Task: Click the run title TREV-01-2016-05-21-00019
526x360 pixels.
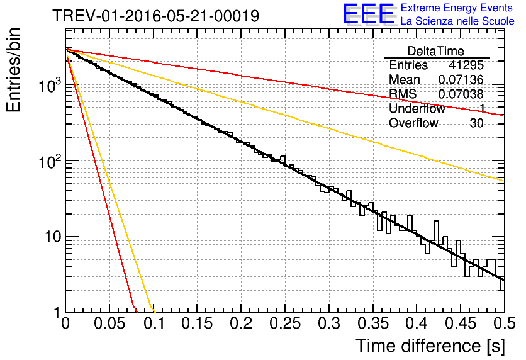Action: coord(155,16)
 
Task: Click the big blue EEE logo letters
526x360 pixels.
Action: coord(368,14)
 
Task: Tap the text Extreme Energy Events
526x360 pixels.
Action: coord(457,8)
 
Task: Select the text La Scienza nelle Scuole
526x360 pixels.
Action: coord(457,21)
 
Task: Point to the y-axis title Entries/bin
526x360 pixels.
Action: coord(13,70)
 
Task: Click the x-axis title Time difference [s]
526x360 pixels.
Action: coord(430,346)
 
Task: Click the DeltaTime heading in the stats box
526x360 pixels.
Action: coord(436,51)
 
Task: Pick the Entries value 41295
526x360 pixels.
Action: coord(466,65)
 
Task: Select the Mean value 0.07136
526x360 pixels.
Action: coord(461,79)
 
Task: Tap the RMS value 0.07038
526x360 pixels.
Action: coord(461,94)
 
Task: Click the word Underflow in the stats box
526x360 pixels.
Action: coord(417,108)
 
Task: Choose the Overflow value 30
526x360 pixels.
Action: coord(476,123)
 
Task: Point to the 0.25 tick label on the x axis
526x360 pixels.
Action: coord(285,323)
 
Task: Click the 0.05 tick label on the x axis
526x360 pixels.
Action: coord(109,323)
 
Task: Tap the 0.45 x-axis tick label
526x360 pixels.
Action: coord(461,323)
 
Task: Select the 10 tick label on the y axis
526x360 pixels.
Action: coord(53,237)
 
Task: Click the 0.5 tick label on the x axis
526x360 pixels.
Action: coord(504,323)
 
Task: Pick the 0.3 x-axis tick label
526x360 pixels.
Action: coord(328,323)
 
